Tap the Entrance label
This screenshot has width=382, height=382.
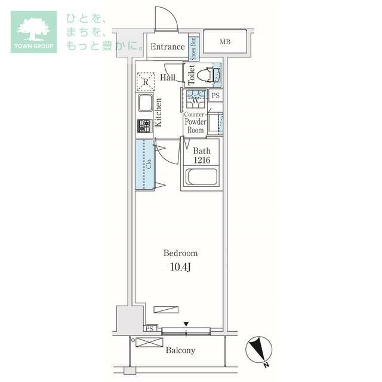click(x=167, y=47)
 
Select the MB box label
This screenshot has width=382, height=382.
click(x=224, y=41)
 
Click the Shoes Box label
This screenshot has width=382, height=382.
click(x=193, y=49)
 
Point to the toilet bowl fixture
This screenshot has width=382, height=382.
click(x=204, y=75)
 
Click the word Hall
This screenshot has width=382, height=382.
click(x=167, y=78)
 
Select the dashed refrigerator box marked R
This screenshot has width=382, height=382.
click(x=145, y=81)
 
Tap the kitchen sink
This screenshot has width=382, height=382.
click(x=145, y=104)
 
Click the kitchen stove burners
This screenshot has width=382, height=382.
click(x=145, y=126)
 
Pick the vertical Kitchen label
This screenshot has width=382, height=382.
click(x=159, y=112)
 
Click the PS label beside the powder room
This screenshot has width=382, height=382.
click(x=215, y=95)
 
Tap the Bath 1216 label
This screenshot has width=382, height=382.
click(x=201, y=155)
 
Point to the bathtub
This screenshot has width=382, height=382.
click(x=201, y=177)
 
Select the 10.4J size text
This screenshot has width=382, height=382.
click(x=180, y=267)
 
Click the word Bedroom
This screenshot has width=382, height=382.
click(x=180, y=253)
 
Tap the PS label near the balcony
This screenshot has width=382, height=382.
click(x=149, y=329)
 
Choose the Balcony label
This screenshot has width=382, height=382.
click(x=180, y=350)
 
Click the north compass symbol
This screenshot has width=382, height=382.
click(x=258, y=349)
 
